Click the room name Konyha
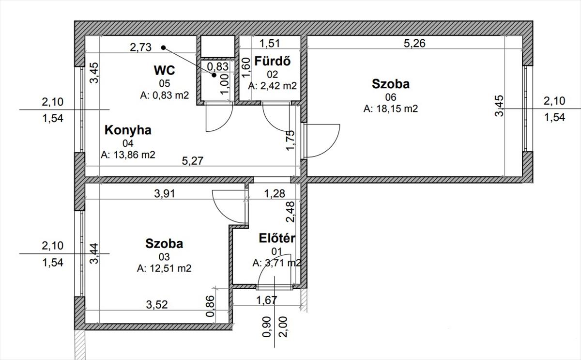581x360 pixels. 128,130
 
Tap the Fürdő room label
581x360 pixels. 272,61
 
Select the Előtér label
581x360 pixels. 277,238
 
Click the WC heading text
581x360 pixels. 165,70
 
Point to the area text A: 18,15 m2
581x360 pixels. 391,109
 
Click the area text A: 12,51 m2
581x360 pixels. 164,268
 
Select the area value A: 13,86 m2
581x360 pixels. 128,155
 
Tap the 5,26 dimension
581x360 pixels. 414,43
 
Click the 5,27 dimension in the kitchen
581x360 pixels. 193,161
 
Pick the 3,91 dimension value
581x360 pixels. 165,194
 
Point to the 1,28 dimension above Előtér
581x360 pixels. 275,194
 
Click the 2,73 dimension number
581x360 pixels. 140,47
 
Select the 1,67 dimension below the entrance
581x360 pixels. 267,300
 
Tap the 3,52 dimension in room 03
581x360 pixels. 157,305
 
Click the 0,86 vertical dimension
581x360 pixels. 210,306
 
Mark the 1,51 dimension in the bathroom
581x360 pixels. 270,43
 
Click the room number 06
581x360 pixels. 391,97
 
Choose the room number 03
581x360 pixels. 164,257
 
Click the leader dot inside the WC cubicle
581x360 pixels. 214,75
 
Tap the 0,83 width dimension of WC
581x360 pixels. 218,67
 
